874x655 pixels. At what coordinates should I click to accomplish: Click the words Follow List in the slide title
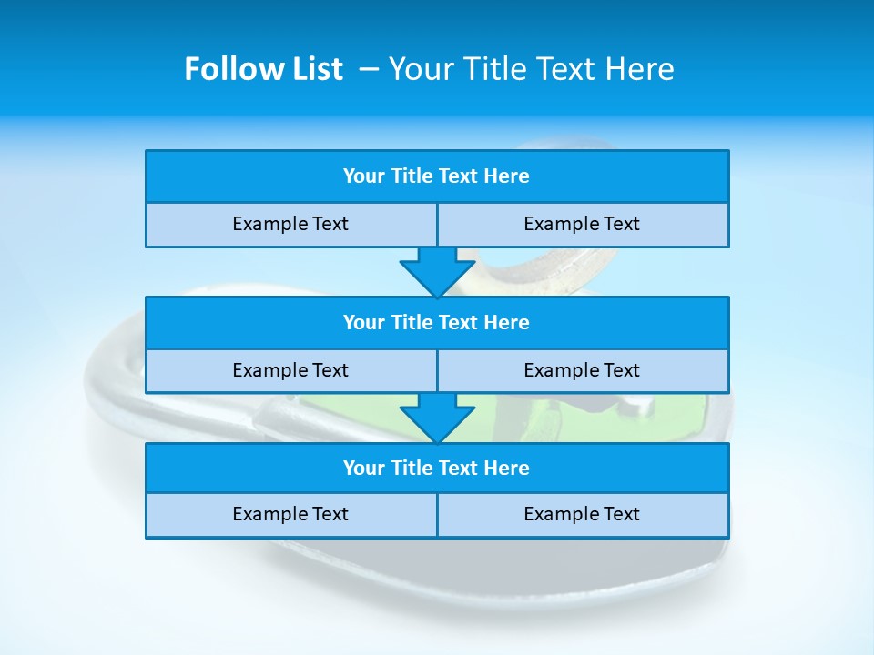[x=263, y=69]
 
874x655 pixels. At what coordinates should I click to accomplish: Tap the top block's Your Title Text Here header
[x=436, y=176]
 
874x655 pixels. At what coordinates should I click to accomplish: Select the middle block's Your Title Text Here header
[x=436, y=323]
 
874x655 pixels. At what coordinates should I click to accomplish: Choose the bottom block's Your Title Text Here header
[x=436, y=469]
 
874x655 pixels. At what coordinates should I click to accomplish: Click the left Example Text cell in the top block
[x=290, y=225]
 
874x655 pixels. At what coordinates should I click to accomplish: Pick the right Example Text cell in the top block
[x=582, y=225]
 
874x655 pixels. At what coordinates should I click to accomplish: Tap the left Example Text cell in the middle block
[x=290, y=371]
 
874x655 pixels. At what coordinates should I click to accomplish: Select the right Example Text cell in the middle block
[x=582, y=371]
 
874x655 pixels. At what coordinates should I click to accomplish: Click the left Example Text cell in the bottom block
[x=290, y=515]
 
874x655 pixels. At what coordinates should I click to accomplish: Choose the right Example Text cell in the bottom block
[x=582, y=515]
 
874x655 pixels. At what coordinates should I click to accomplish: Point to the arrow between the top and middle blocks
[x=437, y=271]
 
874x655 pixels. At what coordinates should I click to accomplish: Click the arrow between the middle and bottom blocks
[x=437, y=417]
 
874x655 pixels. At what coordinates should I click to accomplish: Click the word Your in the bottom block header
[x=363, y=469]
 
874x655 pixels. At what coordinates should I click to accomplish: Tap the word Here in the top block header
[x=507, y=176]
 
